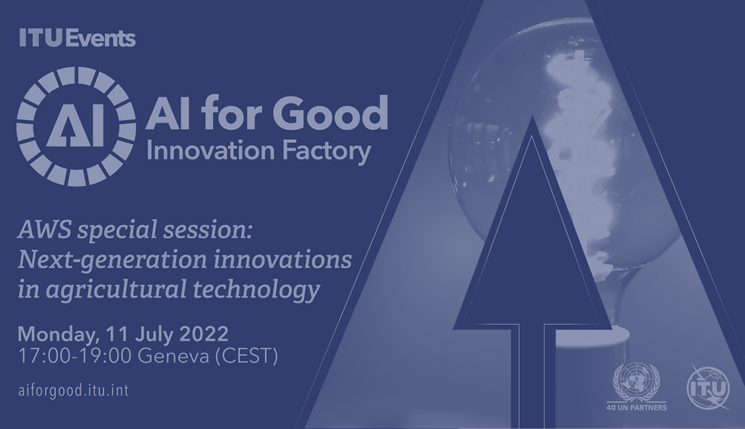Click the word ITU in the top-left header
point(40,38)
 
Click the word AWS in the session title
point(45,230)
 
